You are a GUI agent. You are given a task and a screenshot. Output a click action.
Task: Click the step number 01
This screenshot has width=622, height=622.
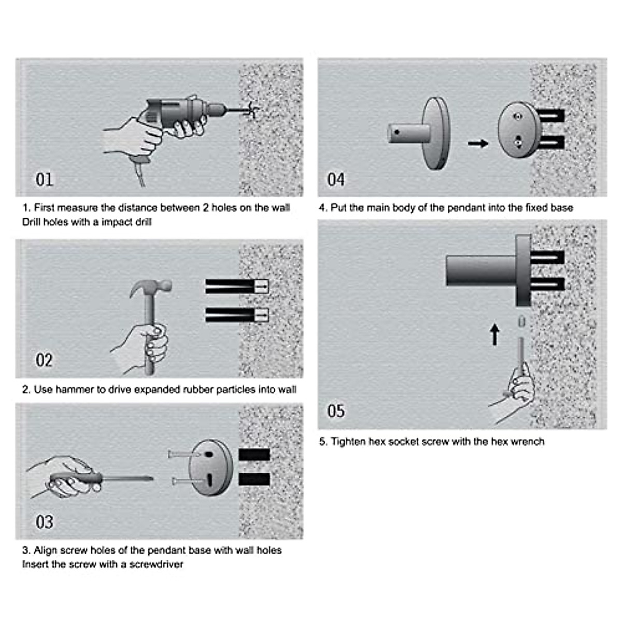(44, 179)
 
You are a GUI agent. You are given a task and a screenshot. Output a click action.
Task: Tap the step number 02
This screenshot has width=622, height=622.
(44, 360)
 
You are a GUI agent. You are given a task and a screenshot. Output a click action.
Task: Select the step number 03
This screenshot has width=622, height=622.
(44, 521)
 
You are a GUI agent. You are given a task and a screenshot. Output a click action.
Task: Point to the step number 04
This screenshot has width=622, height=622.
(336, 179)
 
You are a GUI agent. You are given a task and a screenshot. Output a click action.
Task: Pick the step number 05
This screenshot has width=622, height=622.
(336, 411)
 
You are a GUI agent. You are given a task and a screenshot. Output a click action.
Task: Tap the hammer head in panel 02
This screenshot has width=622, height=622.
(151, 287)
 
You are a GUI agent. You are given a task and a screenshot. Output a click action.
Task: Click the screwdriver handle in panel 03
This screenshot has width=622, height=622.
(77, 478)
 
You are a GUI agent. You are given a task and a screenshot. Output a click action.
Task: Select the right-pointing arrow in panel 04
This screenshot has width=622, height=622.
(478, 143)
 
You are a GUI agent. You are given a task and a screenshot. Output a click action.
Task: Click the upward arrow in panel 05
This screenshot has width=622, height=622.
(494, 335)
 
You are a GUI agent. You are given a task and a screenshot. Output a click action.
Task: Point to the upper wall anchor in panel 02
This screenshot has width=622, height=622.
(237, 286)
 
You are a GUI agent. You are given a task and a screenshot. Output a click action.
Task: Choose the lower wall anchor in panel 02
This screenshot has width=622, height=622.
(237, 315)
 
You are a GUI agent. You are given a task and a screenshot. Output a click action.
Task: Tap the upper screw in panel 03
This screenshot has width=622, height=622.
(185, 455)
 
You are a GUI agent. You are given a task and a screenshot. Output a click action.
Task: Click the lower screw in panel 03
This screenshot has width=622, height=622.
(187, 482)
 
